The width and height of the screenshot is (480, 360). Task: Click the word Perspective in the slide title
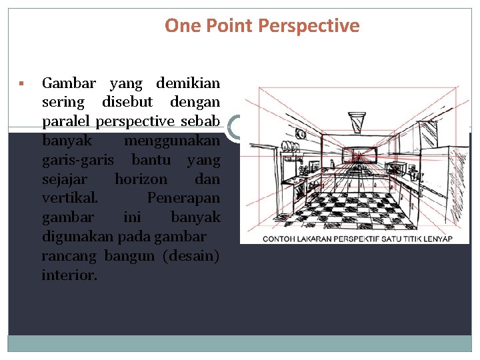308,26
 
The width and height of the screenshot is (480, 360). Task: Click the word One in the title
181,26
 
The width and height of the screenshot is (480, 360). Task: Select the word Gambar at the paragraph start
69,83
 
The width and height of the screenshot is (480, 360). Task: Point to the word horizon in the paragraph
141,179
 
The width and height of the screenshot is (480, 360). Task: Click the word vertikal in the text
69,198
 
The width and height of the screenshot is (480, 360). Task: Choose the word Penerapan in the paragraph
183,198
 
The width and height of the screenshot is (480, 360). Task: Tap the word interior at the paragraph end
69,275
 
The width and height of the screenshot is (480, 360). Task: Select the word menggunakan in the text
173,141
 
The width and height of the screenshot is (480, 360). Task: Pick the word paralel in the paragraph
66,122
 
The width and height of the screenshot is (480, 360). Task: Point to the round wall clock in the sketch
301,134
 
